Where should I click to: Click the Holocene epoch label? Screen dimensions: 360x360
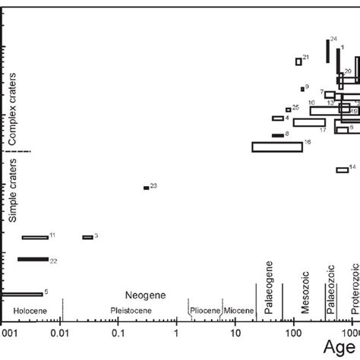(x=30, y=311)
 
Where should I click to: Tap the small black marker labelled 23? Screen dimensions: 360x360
(x=146, y=188)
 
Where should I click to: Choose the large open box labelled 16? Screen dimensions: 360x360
(x=277, y=147)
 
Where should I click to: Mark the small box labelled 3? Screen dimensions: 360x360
(x=87, y=237)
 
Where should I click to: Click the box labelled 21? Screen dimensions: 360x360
(x=298, y=62)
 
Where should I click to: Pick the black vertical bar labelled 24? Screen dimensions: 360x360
(x=327, y=51)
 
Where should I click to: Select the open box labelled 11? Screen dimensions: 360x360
(x=35, y=237)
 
